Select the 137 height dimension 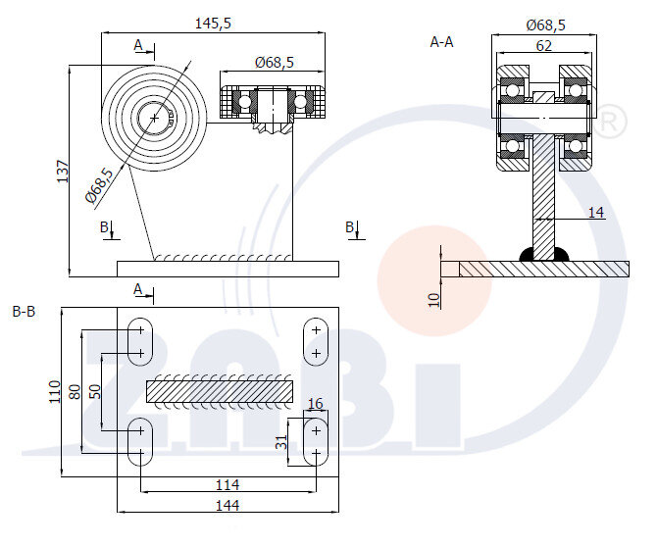(62, 172)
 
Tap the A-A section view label (441, 41)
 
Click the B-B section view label (24, 312)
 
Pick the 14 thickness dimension (596, 211)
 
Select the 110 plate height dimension (55, 392)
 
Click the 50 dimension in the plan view (95, 389)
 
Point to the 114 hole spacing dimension (227, 485)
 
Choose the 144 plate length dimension (227, 505)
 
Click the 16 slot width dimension (316, 404)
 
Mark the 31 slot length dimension (281, 441)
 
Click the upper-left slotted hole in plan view (139, 340)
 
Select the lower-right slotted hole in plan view (316, 442)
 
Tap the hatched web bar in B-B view (220, 391)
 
